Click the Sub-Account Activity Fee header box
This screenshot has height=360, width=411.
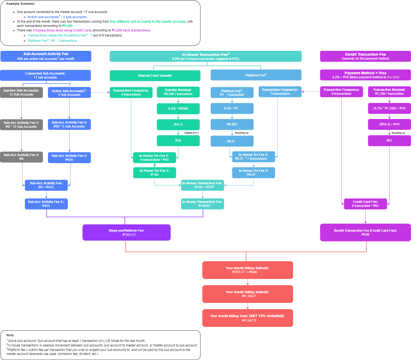point(46,56)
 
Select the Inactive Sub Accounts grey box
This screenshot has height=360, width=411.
point(21,92)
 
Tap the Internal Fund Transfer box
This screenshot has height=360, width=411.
point(155,76)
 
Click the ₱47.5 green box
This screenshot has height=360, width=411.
point(178,125)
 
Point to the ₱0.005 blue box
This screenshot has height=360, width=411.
point(232,124)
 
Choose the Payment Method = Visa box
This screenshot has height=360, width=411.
point(365,75)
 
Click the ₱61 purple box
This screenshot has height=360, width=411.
point(389,141)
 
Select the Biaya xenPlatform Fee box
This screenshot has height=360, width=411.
point(126,232)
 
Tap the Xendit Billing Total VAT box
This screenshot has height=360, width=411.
point(247,318)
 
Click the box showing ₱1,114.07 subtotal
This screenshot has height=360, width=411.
point(247,294)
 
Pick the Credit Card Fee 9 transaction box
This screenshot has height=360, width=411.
point(365,204)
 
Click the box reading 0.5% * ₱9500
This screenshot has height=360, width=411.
point(178,109)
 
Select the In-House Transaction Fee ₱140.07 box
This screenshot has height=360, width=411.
point(202,204)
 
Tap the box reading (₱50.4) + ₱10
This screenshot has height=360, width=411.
point(389,124)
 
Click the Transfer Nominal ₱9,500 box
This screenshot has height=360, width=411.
point(178,92)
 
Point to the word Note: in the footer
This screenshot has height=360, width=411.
point(10,335)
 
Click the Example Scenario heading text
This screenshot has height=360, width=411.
point(21,4)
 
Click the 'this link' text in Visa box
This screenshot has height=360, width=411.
point(393,77)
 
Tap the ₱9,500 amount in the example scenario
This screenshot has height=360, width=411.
point(67,26)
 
